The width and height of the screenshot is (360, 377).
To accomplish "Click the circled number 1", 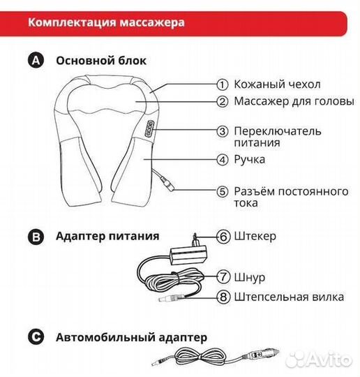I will coord(222,84).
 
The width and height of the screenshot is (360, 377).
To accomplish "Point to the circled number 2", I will coord(222,102).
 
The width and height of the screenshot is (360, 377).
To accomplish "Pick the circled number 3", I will coord(222,131).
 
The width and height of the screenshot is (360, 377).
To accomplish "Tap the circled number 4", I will coord(222,159).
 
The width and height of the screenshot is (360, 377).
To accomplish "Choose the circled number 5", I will coord(222,191).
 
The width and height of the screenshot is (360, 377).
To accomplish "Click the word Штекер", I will coord(256,237).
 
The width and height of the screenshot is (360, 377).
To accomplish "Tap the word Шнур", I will coord(250,278).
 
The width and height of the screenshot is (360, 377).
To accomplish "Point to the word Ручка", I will coord(250,160).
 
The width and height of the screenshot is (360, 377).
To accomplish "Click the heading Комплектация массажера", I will coord(106,22).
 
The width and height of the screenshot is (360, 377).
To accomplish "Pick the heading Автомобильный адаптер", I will coord(131,337).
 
